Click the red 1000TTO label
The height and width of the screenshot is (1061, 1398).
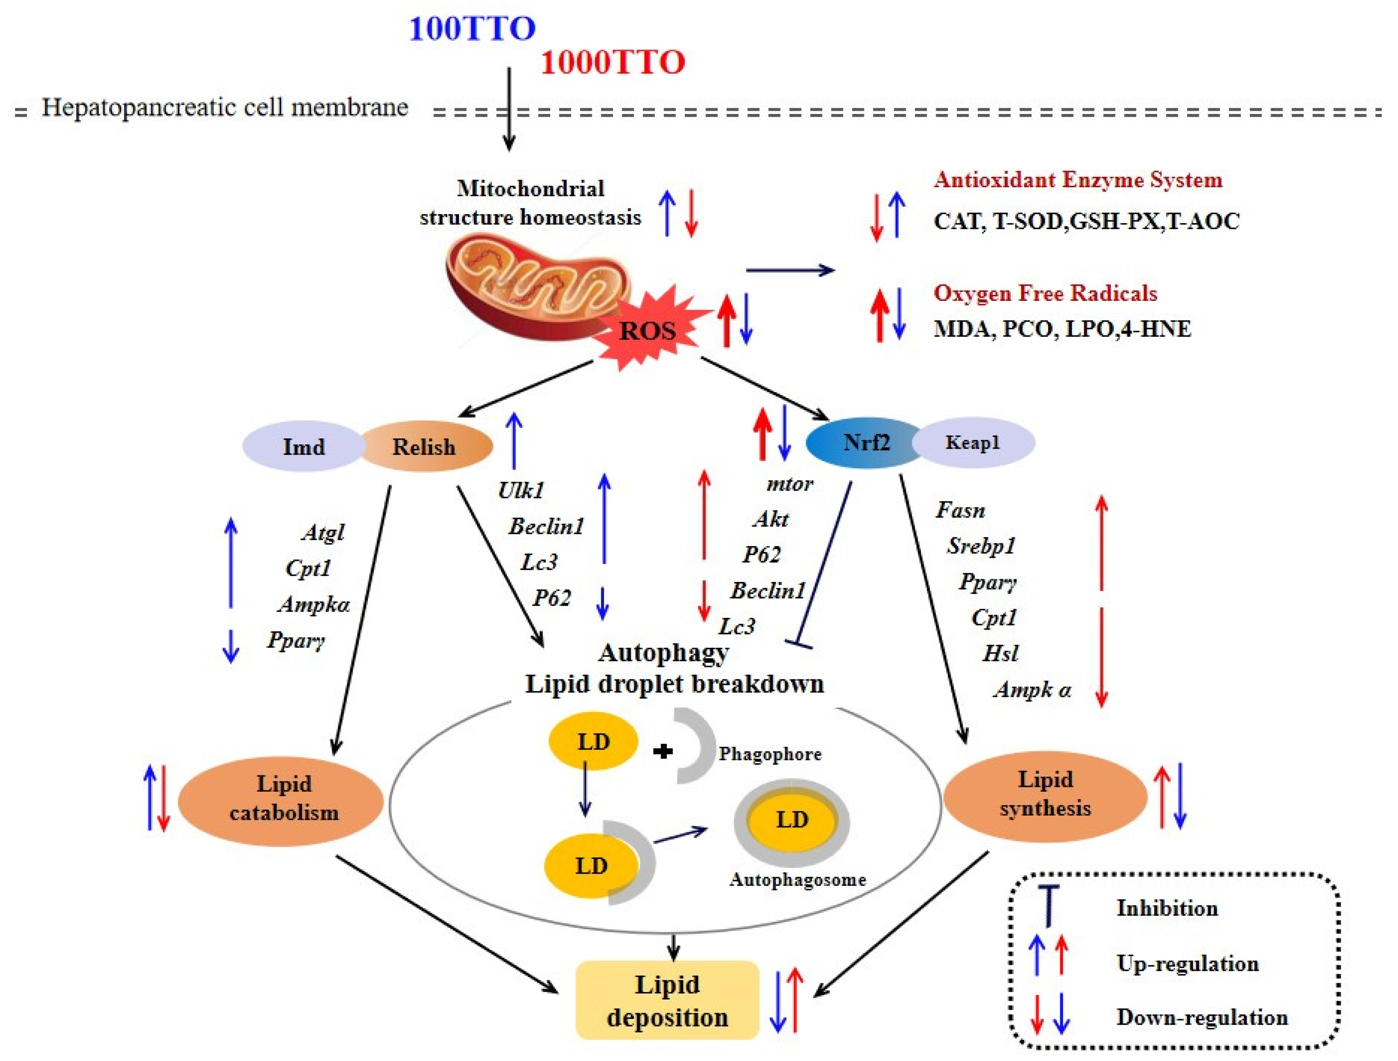coord(612,63)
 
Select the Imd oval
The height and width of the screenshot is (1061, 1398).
coord(303,447)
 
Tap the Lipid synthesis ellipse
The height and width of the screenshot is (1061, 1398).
coord(1045,794)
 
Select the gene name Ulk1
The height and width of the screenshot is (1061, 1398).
coord(520,490)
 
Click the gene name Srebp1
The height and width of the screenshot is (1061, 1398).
coord(980,546)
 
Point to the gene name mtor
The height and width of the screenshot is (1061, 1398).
coord(789,484)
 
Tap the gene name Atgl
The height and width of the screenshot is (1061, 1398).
coord(323,532)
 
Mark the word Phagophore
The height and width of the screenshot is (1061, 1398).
coord(770,754)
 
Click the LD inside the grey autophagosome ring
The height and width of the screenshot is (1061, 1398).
coord(792,820)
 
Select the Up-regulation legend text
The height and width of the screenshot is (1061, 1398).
coord(1187,964)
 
